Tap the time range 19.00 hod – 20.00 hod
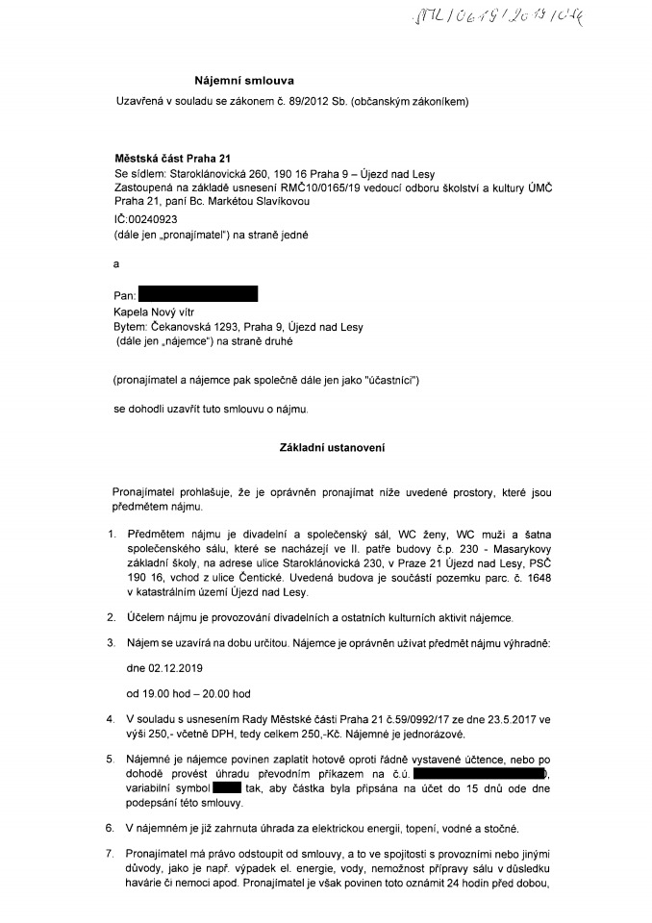pos(188,692)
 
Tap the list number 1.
pos(111,535)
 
